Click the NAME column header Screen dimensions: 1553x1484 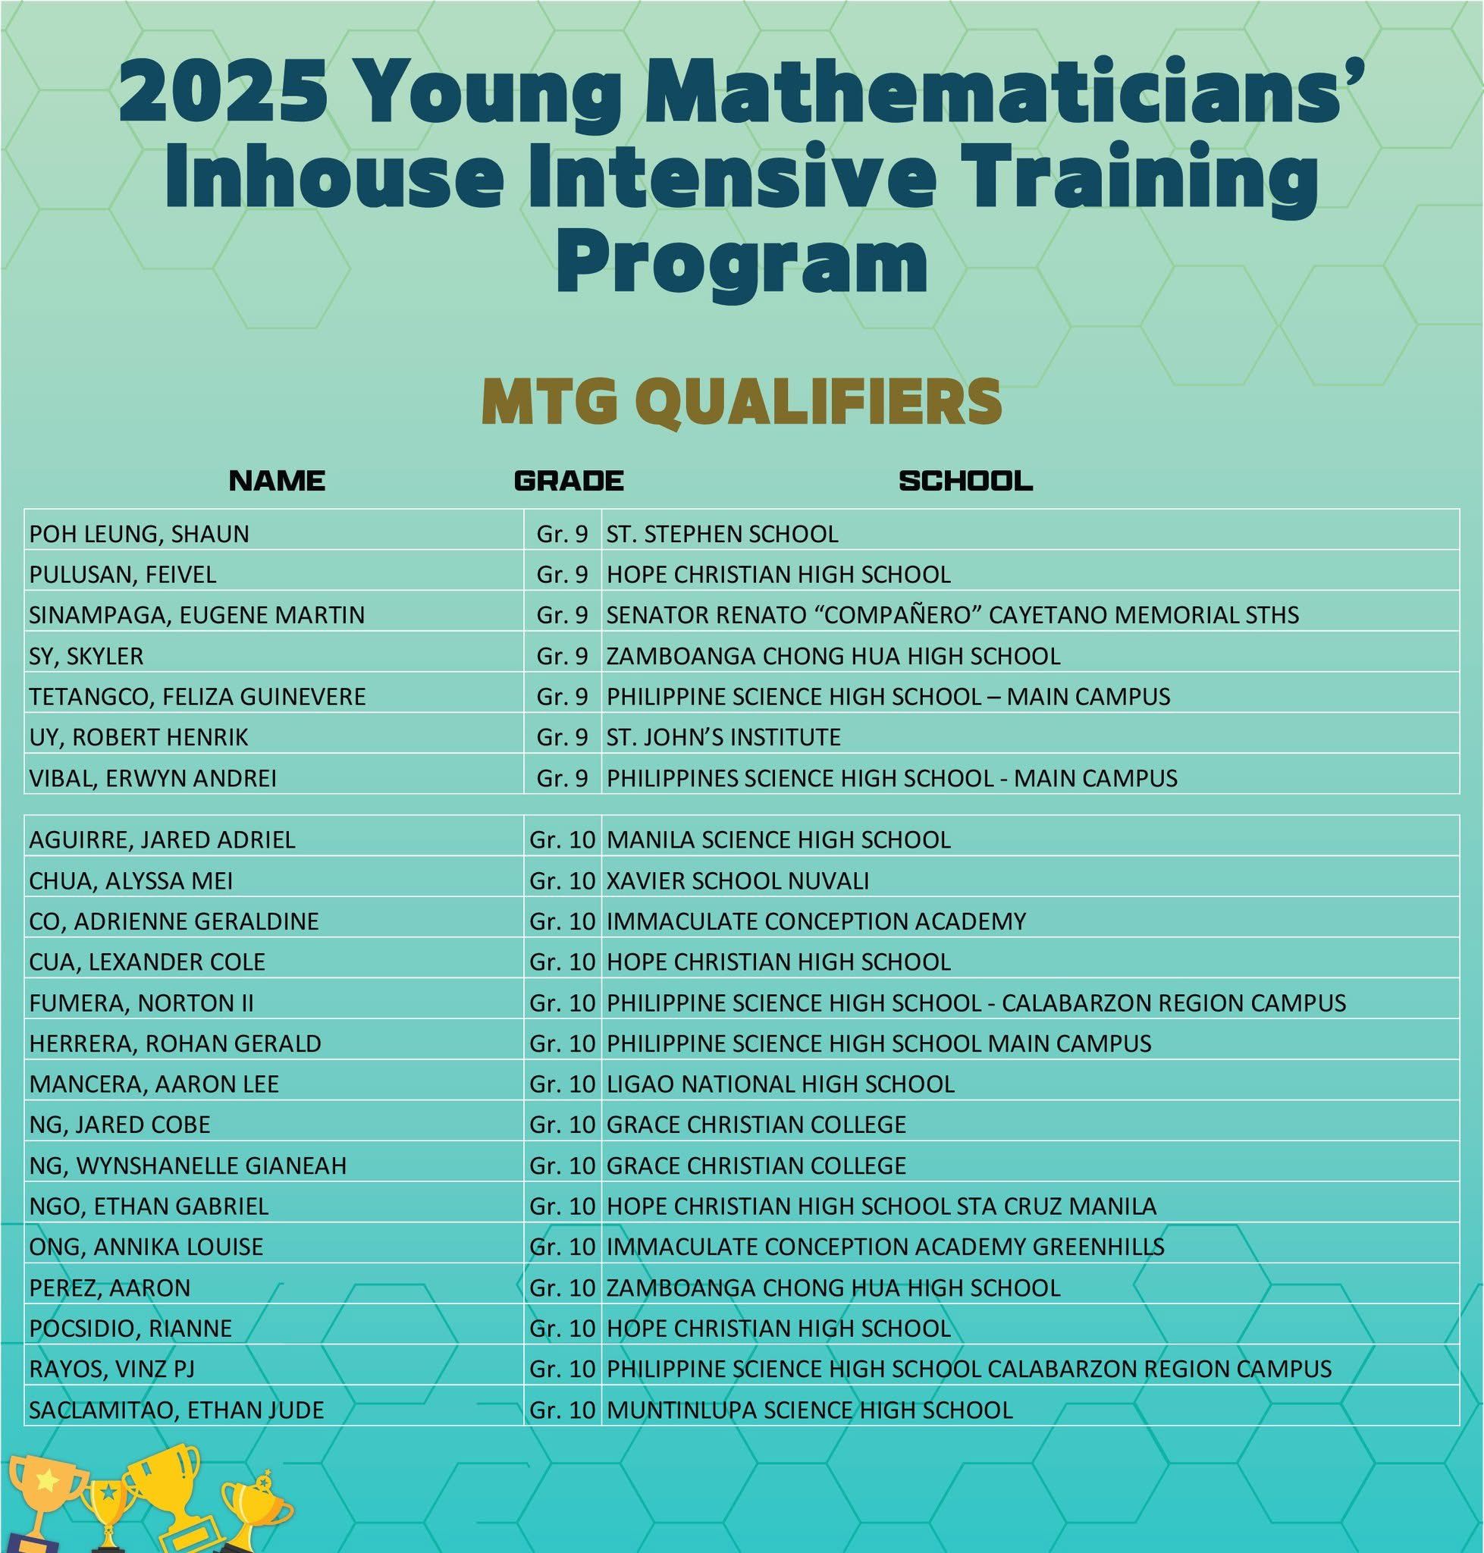point(277,480)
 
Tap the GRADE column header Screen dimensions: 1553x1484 point(569,480)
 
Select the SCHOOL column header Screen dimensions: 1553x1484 point(966,480)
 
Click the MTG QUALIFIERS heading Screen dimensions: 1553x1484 point(741,402)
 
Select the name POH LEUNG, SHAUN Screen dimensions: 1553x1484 point(140,534)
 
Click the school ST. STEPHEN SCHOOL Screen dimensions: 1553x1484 point(722,534)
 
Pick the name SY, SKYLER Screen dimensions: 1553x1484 point(86,656)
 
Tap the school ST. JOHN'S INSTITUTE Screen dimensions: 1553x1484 point(723,737)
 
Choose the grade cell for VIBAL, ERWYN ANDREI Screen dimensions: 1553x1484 point(562,779)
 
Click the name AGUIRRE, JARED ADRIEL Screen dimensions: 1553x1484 point(162,839)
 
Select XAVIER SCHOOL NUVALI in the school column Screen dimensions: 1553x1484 point(737,880)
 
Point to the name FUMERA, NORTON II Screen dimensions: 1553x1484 point(142,1003)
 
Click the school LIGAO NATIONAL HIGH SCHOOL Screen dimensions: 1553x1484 point(780,1084)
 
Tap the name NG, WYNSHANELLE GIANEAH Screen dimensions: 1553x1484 point(187,1166)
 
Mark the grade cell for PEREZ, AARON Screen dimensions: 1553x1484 point(562,1288)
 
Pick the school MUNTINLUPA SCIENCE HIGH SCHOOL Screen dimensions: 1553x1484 point(809,1410)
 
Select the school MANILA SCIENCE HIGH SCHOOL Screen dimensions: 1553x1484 point(778,839)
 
